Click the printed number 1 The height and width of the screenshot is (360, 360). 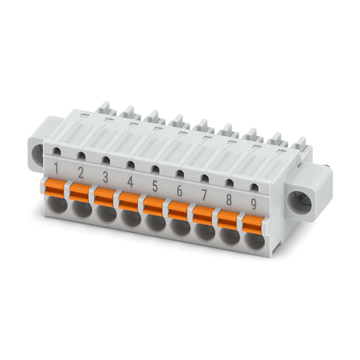(55, 169)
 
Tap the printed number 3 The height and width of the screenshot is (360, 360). (105, 177)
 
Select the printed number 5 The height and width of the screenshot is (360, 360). (155, 186)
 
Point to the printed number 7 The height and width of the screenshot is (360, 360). (204, 195)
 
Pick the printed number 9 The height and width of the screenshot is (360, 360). (253, 204)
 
